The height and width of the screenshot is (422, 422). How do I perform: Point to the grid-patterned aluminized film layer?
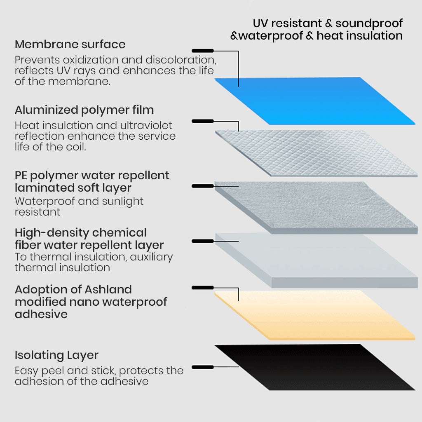(316, 152)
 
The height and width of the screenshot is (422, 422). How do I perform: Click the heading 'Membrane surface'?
(70, 44)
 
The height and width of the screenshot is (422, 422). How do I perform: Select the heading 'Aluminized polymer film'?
(84, 110)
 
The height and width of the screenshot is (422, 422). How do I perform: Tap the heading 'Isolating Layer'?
(56, 355)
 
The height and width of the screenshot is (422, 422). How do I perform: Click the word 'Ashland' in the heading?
(108, 289)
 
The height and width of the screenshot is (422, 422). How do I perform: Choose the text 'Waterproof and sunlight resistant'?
(79, 206)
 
